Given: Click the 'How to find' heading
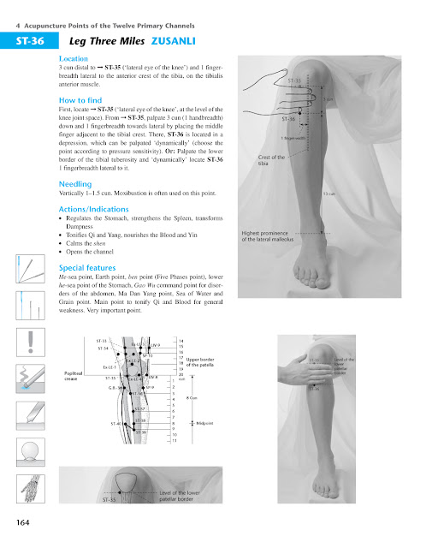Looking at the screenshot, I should (x=80, y=99).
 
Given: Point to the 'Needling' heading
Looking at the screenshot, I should (x=74, y=184).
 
